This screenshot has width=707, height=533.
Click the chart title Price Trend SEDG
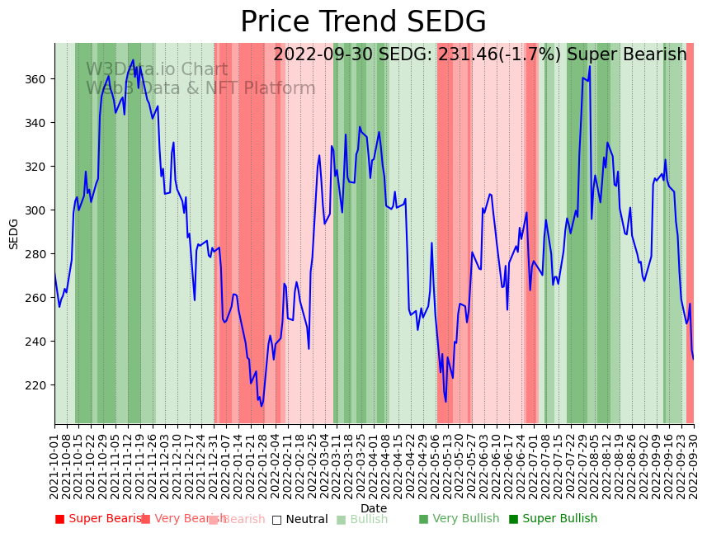pos(363,22)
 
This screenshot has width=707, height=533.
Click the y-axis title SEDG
pos(14,233)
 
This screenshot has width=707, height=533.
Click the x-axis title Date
pos(373,508)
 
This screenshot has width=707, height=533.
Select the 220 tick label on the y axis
pos(34,385)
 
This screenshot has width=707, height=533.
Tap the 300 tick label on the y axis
pos(34,210)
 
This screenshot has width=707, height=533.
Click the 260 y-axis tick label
pos(34,298)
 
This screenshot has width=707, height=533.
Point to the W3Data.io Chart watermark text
pos(157,70)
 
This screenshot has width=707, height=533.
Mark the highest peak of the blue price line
pos(590,67)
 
